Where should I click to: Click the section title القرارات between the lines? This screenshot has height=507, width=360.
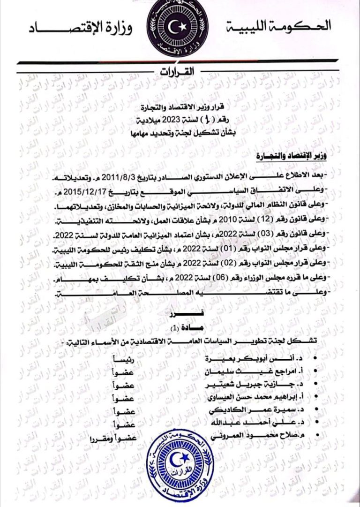(x=180, y=71)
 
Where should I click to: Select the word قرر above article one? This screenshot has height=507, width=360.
(x=180, y=314)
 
